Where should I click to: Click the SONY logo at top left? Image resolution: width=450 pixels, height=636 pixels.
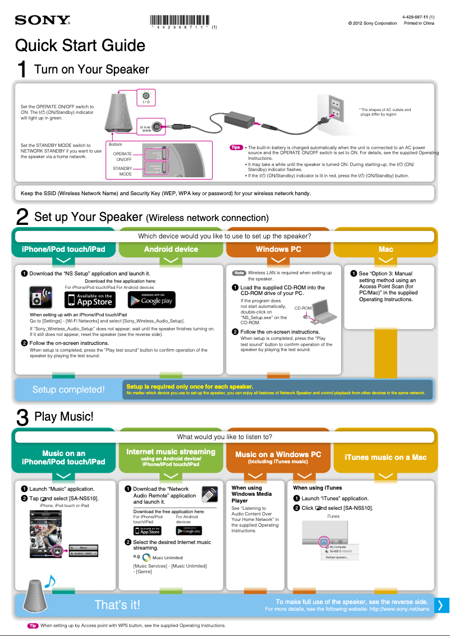click(42, 20)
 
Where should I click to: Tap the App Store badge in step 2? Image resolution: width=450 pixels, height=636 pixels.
click(89, 299)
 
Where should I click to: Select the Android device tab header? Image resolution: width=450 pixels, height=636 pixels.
click(171, 249)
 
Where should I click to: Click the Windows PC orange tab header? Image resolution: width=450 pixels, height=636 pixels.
click(278, 249)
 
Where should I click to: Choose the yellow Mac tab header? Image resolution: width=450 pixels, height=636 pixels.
click(385, 249)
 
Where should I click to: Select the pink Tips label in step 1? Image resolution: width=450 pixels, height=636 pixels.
click(236, 148)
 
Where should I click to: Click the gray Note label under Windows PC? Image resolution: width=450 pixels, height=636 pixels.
click(239, 273)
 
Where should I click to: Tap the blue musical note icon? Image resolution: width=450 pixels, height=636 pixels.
click(49, 582)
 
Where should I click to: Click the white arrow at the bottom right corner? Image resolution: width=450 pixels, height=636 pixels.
click(440, 605)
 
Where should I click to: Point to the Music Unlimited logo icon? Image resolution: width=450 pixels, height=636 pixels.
click(146, 557)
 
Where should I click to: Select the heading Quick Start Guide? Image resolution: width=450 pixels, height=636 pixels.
click(80, 45)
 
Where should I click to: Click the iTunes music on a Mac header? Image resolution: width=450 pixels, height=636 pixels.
click(385, 457)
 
